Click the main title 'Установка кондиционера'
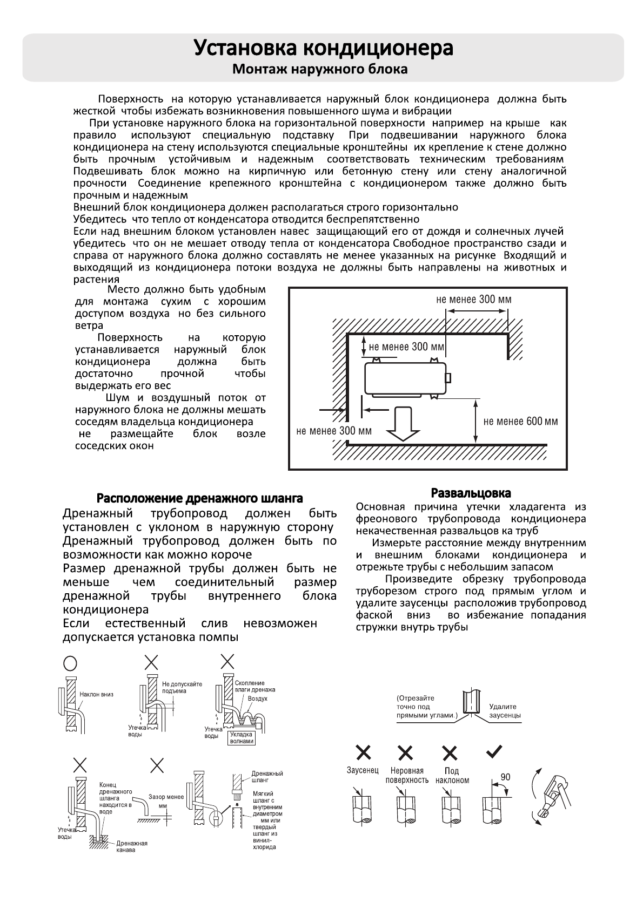[x=323, y=48]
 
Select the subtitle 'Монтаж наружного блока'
[x=320, y=70]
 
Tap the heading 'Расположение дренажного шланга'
[x=199, y=498]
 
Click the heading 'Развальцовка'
[x=471, y=493]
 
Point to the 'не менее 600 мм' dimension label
[x=520, y=422]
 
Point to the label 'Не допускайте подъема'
[x=182, y=687]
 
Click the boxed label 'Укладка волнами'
[x=241, y=738]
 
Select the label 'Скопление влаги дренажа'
[x=255, y=687]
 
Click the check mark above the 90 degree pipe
[x=495, y=751]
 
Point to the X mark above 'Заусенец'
[x=363, y=752]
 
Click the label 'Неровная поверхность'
[x=407, y=775]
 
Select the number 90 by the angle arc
[x=505, y=777]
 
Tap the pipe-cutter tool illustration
[x=551, y=799]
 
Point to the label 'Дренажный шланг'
[x=267, y=777]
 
